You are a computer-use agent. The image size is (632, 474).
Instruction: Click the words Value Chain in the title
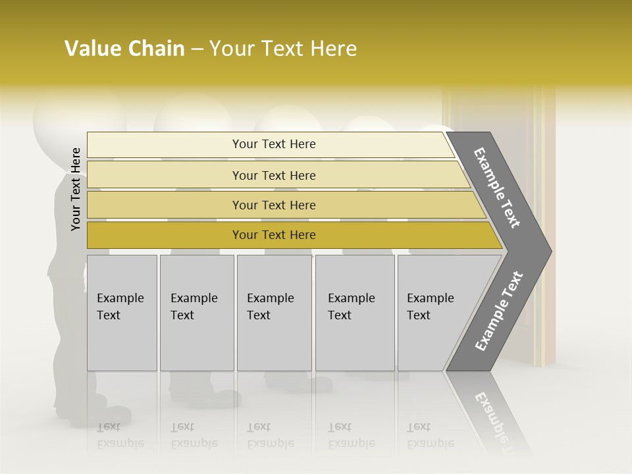124,49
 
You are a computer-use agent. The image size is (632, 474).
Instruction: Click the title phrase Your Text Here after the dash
283,49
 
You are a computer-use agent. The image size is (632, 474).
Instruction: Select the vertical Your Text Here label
76,189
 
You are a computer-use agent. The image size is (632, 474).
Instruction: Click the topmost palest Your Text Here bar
274,144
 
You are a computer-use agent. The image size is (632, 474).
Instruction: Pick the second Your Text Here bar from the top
274,175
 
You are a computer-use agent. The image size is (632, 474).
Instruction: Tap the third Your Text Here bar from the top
274,205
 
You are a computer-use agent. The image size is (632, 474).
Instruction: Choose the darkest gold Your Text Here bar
274,235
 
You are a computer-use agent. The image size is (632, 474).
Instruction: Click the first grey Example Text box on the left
122,313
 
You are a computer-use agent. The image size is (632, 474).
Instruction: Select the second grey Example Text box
197,313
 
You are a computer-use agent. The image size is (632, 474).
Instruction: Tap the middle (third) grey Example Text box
274,313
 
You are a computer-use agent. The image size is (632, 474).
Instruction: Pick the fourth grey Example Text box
355,313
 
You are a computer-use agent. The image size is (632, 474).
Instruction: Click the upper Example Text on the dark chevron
498,188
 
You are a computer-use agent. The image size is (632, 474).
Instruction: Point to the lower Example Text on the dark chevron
499,311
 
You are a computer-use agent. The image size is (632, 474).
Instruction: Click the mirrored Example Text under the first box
120,435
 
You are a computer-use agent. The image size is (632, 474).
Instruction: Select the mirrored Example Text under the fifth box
430,435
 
